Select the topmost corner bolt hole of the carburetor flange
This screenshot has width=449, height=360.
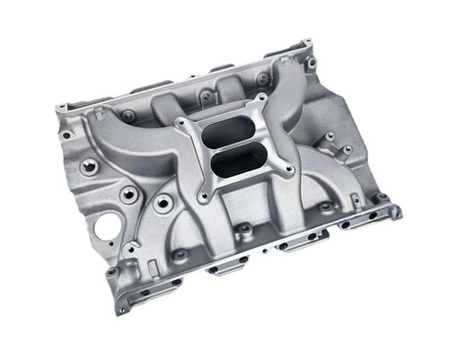tap(261, 98)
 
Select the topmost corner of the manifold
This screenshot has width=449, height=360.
tap(308, 41)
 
